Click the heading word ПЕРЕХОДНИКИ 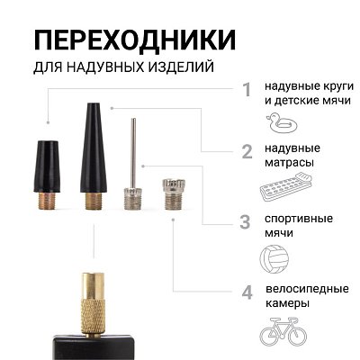[x=135, y=40]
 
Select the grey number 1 [x=246, y=90]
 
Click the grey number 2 [x=246, y=152]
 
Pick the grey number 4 [x=246, y=292]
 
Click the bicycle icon [x=283, y=332]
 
